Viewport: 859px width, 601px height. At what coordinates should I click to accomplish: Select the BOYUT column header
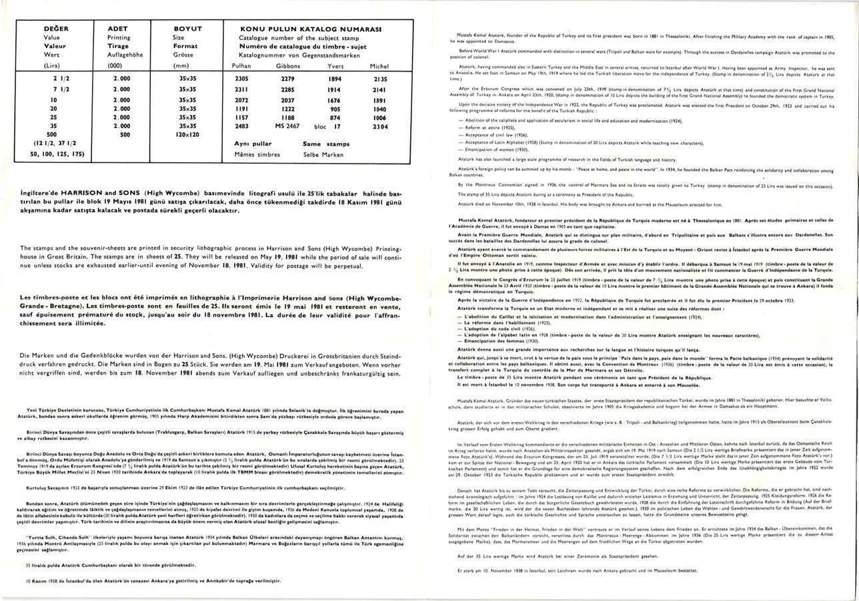click(x=187, y=29)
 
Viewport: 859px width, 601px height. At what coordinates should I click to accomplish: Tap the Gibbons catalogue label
click(x=287, y=66)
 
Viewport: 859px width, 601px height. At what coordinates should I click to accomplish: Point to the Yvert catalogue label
click(x=335, y=66)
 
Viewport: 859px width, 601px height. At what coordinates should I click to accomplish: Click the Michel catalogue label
click(x=379, y=66)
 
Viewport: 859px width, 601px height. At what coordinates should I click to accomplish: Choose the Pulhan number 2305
click(x=241, y=79)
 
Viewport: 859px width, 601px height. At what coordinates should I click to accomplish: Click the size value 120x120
click(x=187, y=134)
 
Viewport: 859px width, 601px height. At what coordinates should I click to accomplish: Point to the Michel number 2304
click(x=379, y=126)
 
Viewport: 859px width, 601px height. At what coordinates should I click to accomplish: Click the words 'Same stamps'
click(x=326, y=144)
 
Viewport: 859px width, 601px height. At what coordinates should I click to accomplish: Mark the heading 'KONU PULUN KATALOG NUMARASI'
click(x=311, y=29)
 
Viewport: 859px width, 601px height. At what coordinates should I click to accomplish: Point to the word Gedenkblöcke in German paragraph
click(x=99, y=355)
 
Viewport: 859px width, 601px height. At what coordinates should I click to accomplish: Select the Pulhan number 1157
click(x=241, y=117)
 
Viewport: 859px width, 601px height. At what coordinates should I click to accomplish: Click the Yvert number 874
click(x=335, y=117)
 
